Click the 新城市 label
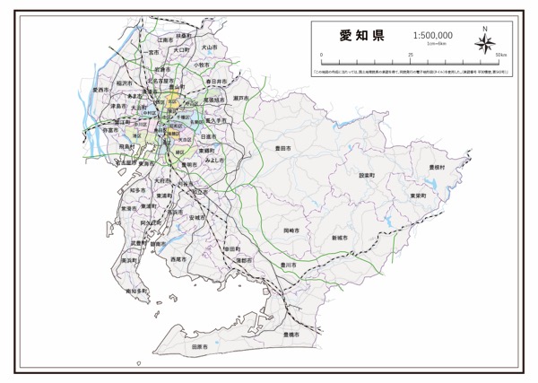(339, 238)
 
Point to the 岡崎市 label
(279, 231)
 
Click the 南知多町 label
(136, 292)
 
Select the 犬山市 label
(211, 47)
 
